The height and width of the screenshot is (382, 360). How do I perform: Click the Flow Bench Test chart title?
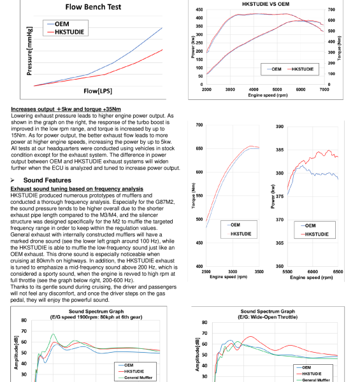(x=93, y=7)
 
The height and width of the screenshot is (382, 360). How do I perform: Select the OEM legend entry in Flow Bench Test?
(x=59, y=24)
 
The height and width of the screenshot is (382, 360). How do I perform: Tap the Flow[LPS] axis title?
(x=97, y=91)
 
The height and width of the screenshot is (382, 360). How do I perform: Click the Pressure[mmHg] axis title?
(x=29, y=51)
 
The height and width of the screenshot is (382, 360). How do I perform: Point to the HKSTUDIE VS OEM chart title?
(x=266, y=4)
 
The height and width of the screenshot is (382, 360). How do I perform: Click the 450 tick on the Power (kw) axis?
(x=199, y=10)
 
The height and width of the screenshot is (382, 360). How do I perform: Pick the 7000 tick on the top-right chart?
(x=324, y=90)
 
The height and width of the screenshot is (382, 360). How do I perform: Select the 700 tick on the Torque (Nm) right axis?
(x=331, y=10)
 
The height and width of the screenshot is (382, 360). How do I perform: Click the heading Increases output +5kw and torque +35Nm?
(x=66, y=109)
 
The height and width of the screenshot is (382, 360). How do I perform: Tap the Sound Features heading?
(x=47, y=180)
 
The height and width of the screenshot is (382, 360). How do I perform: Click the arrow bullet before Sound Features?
(x=13, y=180)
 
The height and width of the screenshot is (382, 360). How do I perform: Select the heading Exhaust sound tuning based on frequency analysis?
(x=76, y=189)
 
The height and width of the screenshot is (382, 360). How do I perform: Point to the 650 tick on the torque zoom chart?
(x=199, y=148)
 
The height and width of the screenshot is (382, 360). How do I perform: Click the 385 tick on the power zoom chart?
(x=280, y=150)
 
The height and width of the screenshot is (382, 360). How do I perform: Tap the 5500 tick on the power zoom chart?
(x=287, y=272)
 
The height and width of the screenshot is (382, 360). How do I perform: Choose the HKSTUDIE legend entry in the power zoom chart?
(x=315, y=234)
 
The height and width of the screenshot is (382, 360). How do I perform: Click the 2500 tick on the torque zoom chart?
(x=206, y=272)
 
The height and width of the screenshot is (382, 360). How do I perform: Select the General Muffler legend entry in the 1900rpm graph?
(x=136, y=378)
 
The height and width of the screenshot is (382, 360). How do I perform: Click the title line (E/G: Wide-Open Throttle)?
(x=268, y=317)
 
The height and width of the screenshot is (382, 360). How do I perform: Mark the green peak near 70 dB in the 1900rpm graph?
(x=53, y=334)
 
